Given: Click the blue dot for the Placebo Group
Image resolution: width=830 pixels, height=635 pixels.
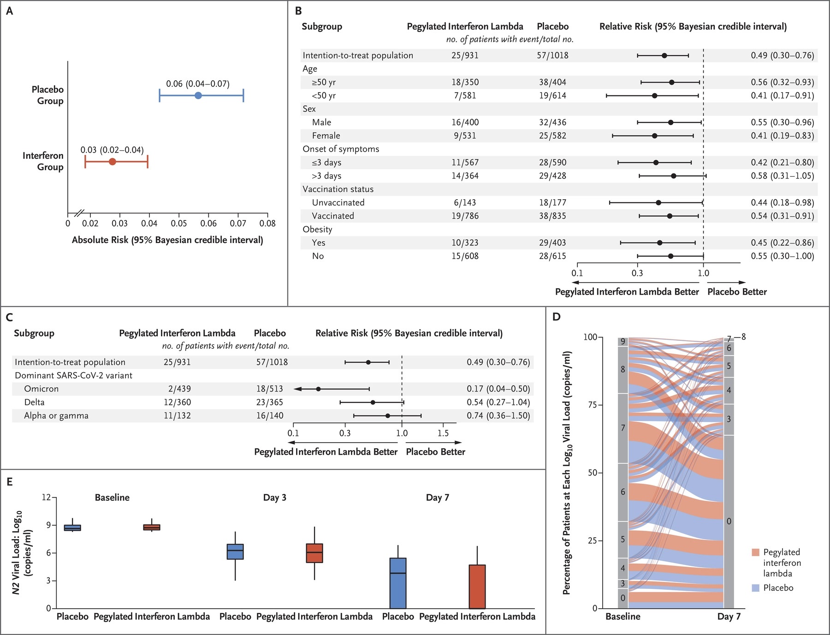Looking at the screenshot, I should click(198, 95).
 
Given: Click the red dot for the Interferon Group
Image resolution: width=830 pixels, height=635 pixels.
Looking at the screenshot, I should click(112, 161).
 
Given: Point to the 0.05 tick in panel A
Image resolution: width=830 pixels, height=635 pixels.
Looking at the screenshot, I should click(179, 223).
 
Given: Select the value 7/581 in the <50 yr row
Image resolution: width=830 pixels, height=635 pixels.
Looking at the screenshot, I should click(465, 95).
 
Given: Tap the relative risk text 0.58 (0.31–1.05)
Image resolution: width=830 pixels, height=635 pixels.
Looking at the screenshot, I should click(782, 176).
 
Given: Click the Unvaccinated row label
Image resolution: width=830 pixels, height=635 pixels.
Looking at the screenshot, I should click(338, 202).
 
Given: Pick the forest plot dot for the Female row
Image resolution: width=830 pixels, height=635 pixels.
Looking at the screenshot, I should click(654, 136).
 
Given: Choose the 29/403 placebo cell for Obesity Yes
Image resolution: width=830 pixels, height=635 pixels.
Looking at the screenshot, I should click(552, 243).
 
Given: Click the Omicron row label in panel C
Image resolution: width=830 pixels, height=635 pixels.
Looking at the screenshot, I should click(41, 389).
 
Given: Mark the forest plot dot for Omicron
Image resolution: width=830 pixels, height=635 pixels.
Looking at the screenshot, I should click(318, 389).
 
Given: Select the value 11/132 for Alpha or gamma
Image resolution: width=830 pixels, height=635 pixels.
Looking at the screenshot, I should click(177, 415).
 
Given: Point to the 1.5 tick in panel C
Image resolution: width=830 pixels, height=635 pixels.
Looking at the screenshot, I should click(443, 433).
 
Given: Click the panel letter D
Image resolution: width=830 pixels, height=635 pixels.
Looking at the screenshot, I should click(557, 317).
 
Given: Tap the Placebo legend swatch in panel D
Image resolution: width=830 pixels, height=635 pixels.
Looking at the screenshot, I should click(755, 588).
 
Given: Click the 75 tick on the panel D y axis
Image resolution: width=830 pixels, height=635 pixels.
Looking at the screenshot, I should click(593, 405).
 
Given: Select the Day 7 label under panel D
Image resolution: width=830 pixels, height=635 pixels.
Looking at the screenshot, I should click(729, 617).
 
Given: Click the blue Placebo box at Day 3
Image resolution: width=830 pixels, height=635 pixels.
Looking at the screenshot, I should click(235, 552).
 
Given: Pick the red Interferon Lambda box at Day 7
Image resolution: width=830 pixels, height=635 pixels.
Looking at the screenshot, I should click(477, 587).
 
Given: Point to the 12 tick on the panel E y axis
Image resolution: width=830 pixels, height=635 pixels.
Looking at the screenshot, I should click(46, 497).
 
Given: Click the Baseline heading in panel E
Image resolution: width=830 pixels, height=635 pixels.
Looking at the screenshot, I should click(112, 498).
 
